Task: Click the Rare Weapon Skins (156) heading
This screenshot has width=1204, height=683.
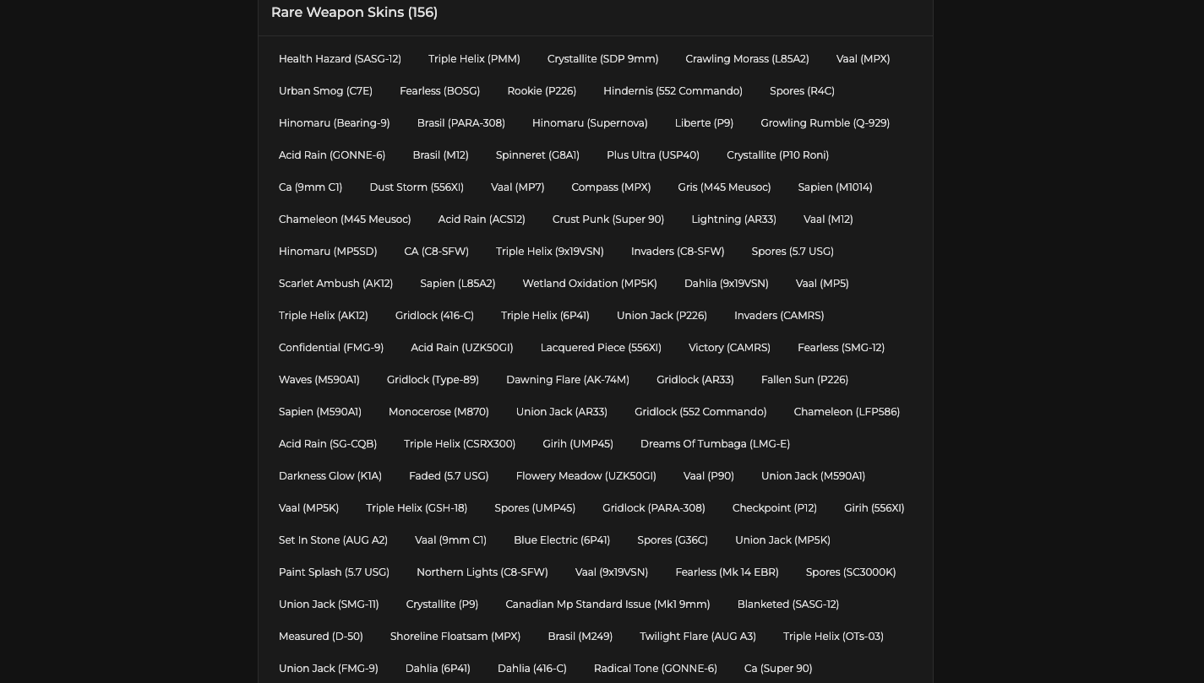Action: [354, 13]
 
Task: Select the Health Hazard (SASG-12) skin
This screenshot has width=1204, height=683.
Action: [340, 59]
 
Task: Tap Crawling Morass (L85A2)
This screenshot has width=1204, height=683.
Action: [747, 59]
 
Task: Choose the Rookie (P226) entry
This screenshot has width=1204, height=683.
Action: [542, 91]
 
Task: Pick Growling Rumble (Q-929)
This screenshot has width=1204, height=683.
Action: [825, 123]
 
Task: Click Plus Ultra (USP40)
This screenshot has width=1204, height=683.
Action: [653, 155]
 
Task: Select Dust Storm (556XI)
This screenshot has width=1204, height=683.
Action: [417, 187]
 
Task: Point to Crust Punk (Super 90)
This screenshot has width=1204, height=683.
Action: [608, 220]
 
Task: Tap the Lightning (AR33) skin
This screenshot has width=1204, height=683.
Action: [733, 220]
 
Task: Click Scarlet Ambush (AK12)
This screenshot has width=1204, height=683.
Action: [335, 284]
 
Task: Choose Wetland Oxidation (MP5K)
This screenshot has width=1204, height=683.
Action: [590, 284]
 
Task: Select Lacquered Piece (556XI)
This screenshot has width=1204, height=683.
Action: [601, 348]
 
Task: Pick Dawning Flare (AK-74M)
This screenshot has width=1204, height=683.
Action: [568, 380]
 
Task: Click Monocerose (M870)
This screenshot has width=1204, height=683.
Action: [439, 412]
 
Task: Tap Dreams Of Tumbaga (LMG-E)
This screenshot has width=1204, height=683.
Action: [715, 444]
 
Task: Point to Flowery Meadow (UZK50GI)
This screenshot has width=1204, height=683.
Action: [586, 476]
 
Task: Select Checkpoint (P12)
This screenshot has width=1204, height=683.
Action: [775, 508]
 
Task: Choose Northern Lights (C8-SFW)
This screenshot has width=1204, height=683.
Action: [482, 572]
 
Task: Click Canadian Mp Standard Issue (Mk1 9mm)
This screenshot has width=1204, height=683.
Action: [607, 604]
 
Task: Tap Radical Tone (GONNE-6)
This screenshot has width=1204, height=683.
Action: [655, 669]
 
